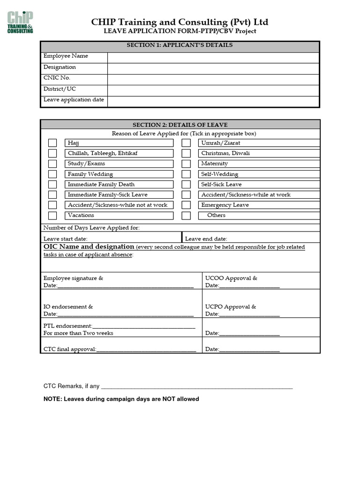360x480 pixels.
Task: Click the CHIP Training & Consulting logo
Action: [20, 22]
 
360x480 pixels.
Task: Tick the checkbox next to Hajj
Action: [52, 143]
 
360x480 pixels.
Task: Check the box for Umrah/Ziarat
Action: [186, 143]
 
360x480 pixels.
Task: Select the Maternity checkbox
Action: [186, 164]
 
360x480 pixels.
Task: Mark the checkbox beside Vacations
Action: [52, 216]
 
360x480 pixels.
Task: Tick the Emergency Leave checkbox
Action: [186, 205]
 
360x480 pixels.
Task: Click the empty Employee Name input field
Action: [213, 57]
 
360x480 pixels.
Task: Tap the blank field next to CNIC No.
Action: [213, 79]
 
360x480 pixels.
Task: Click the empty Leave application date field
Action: [213, 101]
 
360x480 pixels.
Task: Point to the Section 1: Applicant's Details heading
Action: [180, 45]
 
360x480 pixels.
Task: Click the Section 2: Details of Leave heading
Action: [180, 125]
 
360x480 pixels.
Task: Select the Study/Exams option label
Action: [86, 164]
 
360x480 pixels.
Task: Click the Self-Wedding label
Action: [219, 174]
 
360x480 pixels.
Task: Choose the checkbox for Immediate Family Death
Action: [52, 185]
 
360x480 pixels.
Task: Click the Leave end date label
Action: [206, 239]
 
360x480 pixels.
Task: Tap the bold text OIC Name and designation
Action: [89, 247]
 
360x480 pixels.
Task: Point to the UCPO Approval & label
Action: [231, 307]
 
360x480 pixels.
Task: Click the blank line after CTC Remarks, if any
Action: [197, 388]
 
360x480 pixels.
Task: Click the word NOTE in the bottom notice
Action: [52, 399]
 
